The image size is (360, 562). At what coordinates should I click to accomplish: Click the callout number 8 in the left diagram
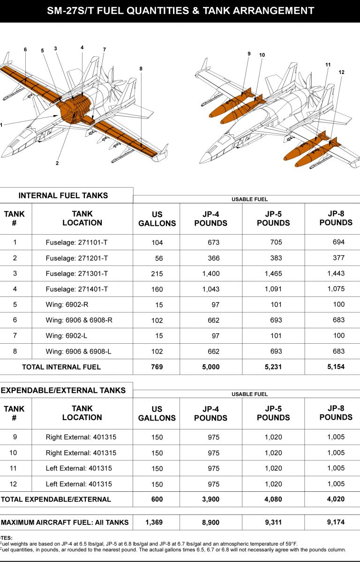[x=141, y=68]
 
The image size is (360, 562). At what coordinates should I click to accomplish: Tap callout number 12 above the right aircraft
[x=341, y=72]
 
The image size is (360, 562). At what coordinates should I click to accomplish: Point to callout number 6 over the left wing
[x=25, y=50]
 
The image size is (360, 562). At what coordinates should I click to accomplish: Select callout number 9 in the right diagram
[x=249, y=54]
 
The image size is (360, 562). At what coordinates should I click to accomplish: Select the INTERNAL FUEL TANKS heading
[x=63, y=195]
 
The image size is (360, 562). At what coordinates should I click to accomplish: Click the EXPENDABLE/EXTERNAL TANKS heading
[x=63, y=390]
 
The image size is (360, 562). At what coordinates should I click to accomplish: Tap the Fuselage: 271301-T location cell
[x=77, y=274]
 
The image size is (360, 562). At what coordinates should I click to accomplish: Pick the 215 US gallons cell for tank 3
[x=157, y=274]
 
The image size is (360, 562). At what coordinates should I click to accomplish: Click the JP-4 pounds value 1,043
[x=210, y=289]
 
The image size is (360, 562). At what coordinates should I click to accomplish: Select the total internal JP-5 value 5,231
[x=273, y=367]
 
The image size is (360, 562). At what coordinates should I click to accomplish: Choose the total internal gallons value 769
[x=157, y=367]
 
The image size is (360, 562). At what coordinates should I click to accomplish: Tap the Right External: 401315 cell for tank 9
[x=81, y=437]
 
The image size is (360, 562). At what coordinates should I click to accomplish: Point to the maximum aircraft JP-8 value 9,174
[x=336, y=522]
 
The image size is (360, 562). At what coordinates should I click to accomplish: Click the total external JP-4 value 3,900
[x=210, y=499]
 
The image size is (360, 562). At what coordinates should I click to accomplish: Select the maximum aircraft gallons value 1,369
[x=157, y=522]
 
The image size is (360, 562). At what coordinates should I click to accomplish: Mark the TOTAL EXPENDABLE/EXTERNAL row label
[x=56, y=499]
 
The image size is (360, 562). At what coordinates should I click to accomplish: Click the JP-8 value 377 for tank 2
[x=338, y=258]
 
